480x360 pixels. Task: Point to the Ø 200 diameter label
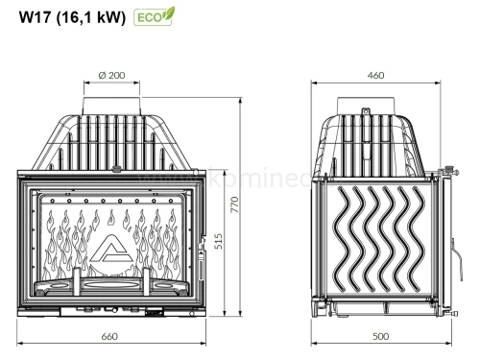(112, 74)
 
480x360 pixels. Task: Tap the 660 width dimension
(110, 335)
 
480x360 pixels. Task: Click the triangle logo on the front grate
(112, 252)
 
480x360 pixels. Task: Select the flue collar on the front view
(112, 102)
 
